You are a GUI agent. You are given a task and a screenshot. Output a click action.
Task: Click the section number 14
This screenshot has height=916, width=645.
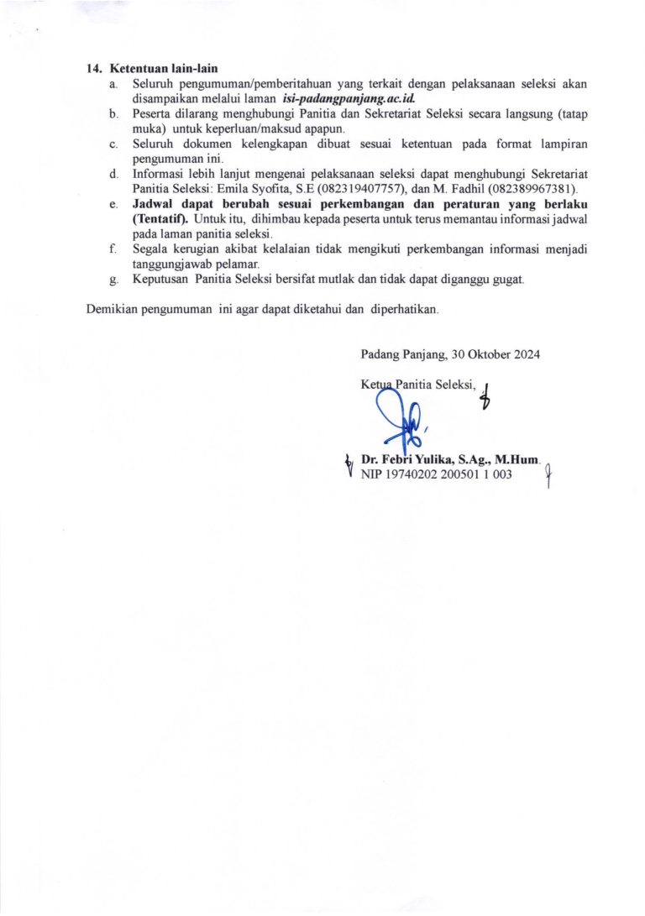(x=94, y=69)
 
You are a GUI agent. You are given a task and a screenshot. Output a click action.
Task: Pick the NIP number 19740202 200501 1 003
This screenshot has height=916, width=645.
(x=449, y=474)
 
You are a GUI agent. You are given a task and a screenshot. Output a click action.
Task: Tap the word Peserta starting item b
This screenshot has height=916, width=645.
(x=152, y=114)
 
